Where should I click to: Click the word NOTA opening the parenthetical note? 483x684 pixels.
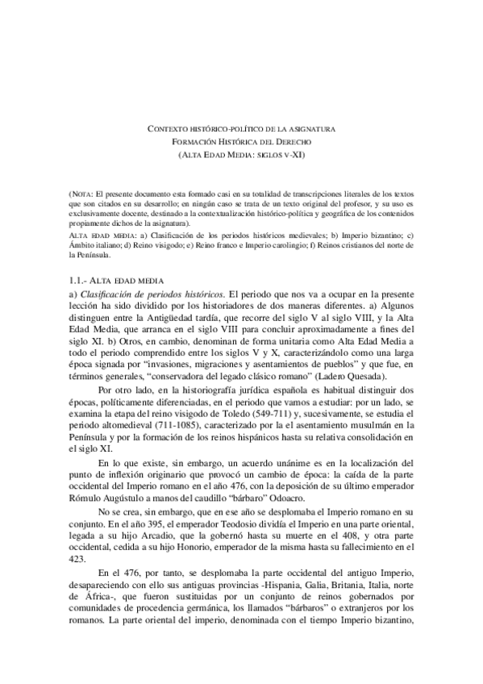coord(83,195)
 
